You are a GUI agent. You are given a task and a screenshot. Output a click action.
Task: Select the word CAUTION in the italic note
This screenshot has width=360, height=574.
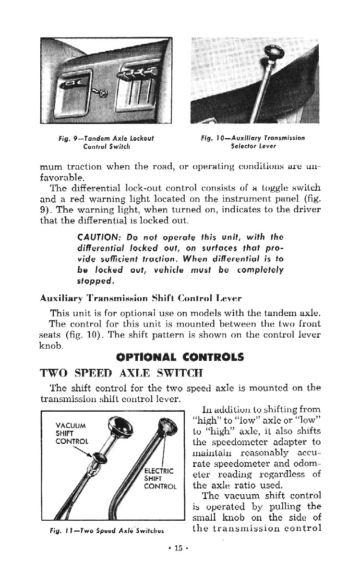[94, 237]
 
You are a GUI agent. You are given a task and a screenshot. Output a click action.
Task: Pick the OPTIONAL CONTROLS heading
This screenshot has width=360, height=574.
[180, 357]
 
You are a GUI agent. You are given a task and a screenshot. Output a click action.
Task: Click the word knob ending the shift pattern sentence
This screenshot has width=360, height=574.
[50, 346]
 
